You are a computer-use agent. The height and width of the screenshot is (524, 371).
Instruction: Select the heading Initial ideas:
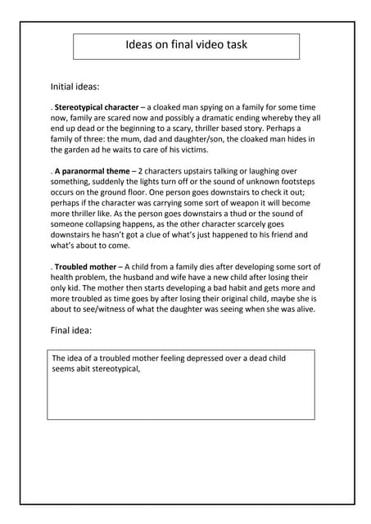point(75,85)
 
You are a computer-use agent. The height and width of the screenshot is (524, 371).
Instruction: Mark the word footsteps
point(293,181)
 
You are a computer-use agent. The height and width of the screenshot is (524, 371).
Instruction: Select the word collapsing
point(122,224)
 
